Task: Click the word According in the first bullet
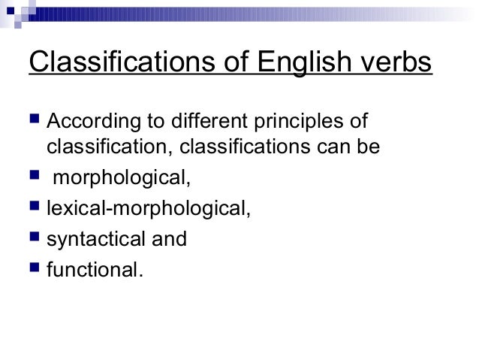tap(87, 122)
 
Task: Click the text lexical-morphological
tap(146, 210)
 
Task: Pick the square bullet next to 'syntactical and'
tap(33, 239)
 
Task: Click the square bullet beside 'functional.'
tap(33, 268)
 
